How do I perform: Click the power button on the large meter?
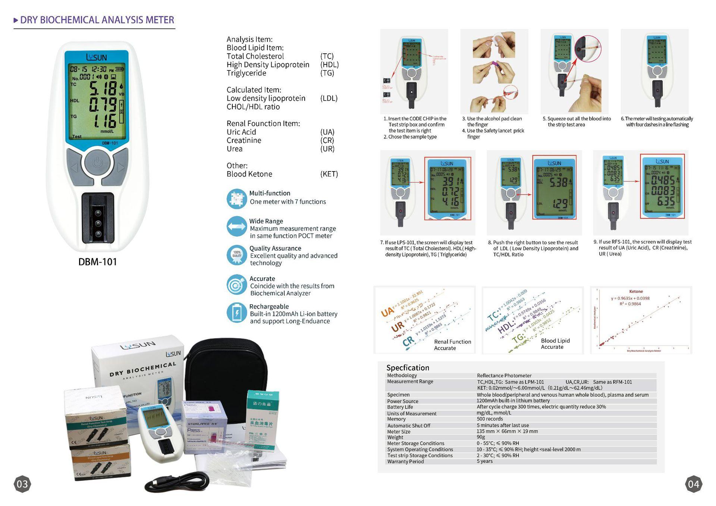(97, 163)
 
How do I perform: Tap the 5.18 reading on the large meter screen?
(103, 89)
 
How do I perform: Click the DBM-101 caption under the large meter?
(97, 262)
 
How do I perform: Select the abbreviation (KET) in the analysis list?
(329, 174)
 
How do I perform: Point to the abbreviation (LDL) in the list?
(329, 98)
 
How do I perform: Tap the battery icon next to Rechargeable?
(236, 312)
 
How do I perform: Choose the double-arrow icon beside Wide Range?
(236, 226)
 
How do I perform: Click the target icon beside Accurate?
(236, 285)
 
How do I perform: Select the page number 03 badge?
(22, 484)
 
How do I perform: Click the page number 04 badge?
(693, 484)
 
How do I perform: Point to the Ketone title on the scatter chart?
(636, 292)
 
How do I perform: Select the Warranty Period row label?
(405, 462)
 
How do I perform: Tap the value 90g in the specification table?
(481, 437)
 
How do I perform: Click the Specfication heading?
(408, 368)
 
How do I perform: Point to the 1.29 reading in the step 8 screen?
(559, 204)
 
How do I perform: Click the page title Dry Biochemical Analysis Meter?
(97, 20)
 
